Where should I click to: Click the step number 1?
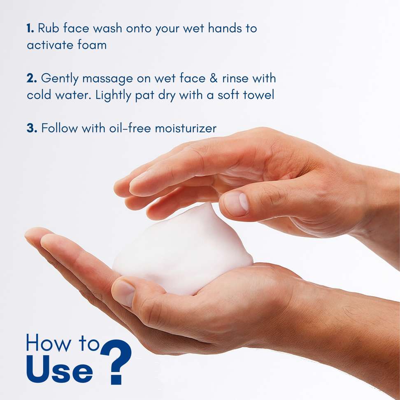[30, 28]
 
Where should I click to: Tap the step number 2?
[32, 78]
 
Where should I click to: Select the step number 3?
[32, 128]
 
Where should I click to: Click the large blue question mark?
[116, 362]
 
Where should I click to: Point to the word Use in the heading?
[59, 370]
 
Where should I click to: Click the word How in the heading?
[49, 343]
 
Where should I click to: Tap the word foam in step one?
[92, 45]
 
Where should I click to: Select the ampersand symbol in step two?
[214, 78]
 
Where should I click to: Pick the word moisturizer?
[186, 128]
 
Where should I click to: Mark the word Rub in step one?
[49, 28]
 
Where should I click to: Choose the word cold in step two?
[39, 95]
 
